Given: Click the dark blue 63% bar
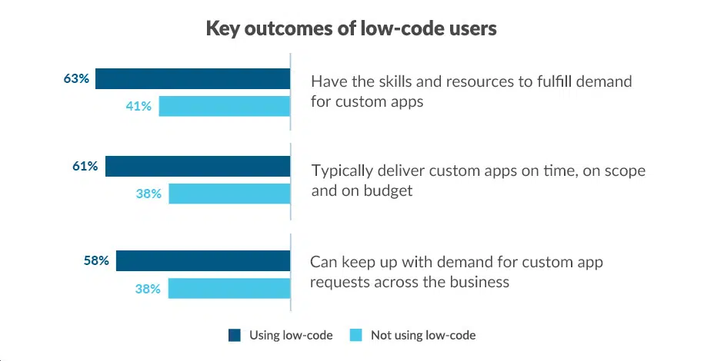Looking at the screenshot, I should click(192, 78).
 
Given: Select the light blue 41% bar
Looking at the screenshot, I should click(224, 106).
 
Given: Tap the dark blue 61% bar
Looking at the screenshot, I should click(198, 166).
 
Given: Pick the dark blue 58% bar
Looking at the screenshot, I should click(203, 260).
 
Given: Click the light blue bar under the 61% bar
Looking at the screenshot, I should click(229, 194).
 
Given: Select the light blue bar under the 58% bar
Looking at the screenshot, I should click(229, 289).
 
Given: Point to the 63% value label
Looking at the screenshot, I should click(77, 78).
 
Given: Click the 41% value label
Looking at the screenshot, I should click(138, 106).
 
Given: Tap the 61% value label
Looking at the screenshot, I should click(85, 166).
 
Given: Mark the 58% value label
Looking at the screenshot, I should click(96, 260).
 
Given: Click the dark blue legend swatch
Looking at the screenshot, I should click(235, 335).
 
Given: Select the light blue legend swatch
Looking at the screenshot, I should click(356, 335).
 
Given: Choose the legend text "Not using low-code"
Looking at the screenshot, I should click(423, 335).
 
